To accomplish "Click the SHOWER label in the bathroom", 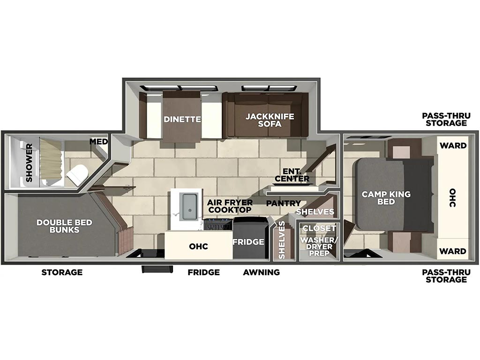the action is (x=29, y=163).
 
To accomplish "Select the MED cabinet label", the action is (x=98, y=142).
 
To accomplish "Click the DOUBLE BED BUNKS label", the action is (x=64, y=226).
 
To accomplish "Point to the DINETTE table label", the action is (x=182, y=119).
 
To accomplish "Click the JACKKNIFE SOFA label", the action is (x=270, y=120).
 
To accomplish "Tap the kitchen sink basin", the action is (x=189, y=207).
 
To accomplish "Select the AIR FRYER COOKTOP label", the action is (x=230, y=206).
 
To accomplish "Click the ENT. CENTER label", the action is (x=292, y=175).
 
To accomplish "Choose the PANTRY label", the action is (x=284, y=203).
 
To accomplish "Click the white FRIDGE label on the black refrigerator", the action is (x=248, y=242).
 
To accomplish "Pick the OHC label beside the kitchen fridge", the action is (x=198, y=247).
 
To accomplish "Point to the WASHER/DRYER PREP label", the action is (x=319, y=247).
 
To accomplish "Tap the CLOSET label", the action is (x=319, y=228).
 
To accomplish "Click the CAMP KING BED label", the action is (x=386, y=198).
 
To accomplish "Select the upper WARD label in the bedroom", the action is (x=453, y=146).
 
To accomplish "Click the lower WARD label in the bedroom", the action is (x=453, y=251).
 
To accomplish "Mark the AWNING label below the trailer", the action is (x=262, y=272).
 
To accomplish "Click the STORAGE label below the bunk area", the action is (x=62, y=272).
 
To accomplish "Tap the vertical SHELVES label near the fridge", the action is (x=282, y=240).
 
